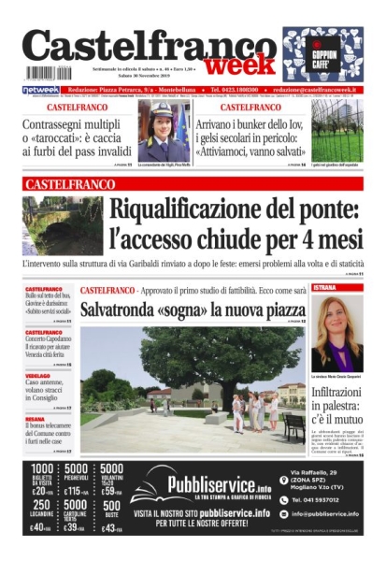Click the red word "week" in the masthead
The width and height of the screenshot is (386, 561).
click(x=240, y=66)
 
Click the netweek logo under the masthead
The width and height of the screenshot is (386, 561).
click(x=41, y=90)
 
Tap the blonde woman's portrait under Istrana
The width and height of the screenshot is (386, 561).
click(x=336, y=333)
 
